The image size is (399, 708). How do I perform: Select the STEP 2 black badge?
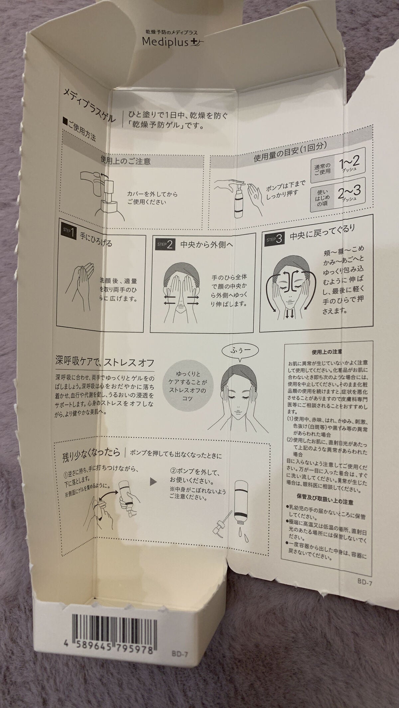[164, 245]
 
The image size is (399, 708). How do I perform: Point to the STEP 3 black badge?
[275, 238]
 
